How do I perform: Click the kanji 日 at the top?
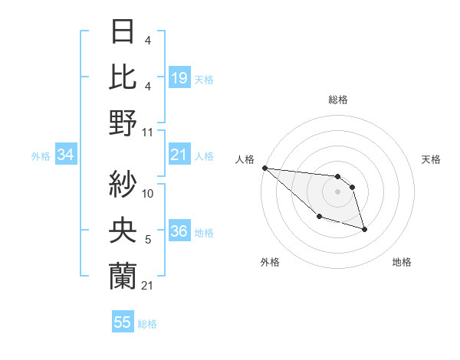[x=123, y=33]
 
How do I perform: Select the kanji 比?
[x=123, y=77]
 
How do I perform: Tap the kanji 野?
[x=123, y=122]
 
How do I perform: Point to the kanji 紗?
[x=123, y=184]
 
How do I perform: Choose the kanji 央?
[x=123, y=229]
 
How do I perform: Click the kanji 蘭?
[x=123, y=274]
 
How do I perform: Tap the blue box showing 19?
[x=179, y=77]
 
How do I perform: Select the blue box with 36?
[x=179, y=232]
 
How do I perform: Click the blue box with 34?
[x=66, y=155]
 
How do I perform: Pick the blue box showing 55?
[x=123, y=322]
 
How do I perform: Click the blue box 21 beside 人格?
[x=179, y=155]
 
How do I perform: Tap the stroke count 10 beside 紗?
[x=148, y=194]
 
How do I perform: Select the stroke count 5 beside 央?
[x=147, y=240]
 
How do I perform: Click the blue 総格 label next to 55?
[x=147, y=324]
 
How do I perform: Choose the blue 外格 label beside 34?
[x=41, y=156]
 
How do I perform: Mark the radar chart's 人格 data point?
[x=264, y=168]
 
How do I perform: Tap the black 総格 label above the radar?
[x=337, y=100]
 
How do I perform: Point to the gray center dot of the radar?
[x=337, y=191]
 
